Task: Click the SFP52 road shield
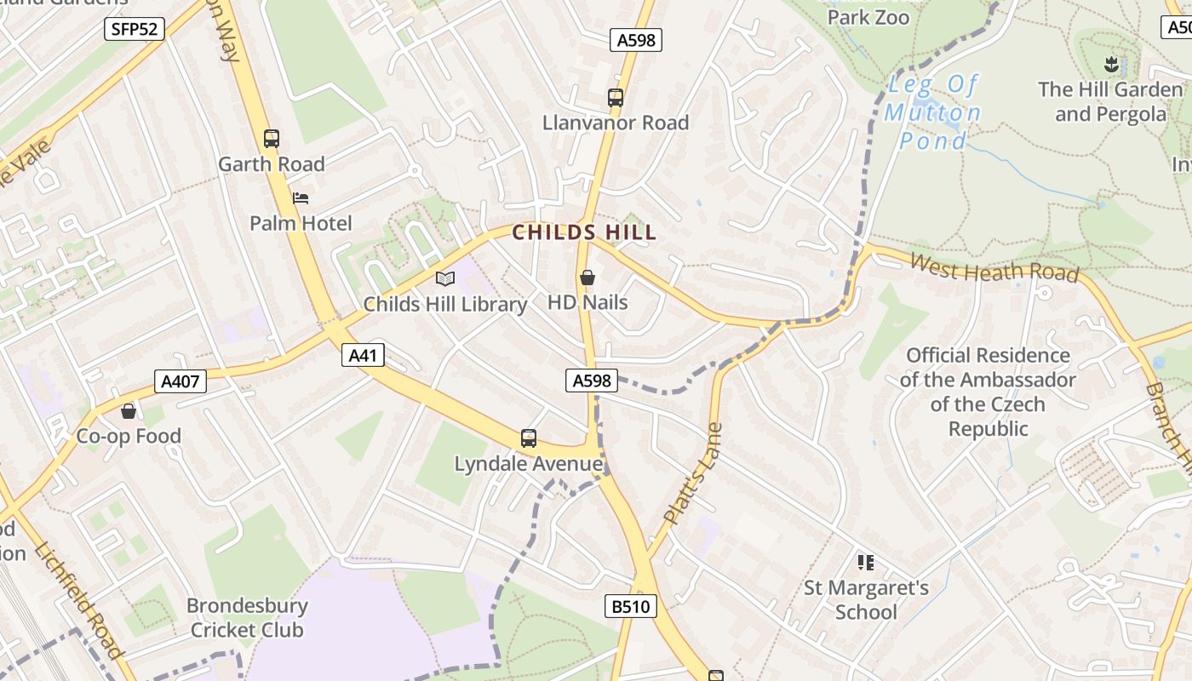click(x=134, y=29)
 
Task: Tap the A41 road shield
click(x=364, y=355)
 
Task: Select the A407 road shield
click(x=181, y=381)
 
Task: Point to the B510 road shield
click(x=631, y=606)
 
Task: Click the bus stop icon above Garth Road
click(x=272, y=139)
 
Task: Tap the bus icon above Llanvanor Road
click(x=616, y=98)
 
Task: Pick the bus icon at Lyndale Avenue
click(x=529, y=438)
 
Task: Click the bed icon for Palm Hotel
click(x=300, y=198)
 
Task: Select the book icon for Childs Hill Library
click(x=445, y=278)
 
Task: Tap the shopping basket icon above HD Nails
click(x=587, y=278)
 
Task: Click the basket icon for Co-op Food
click(x=129, y=412)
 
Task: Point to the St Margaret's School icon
click(x=866, y=562)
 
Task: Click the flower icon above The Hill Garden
click(x=1110, y=64)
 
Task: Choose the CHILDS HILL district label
click(x=584, y=232)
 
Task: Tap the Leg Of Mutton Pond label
click(x=932, y=112)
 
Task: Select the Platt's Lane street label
click(x=691, y=473)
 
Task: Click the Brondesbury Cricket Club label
click(x=247, y=618)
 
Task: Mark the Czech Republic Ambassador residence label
click(x=988, y=392)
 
